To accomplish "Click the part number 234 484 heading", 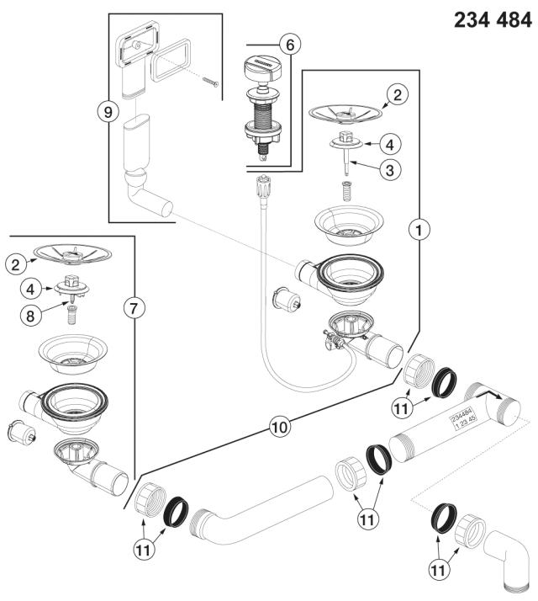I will click(x=493, y=20).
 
